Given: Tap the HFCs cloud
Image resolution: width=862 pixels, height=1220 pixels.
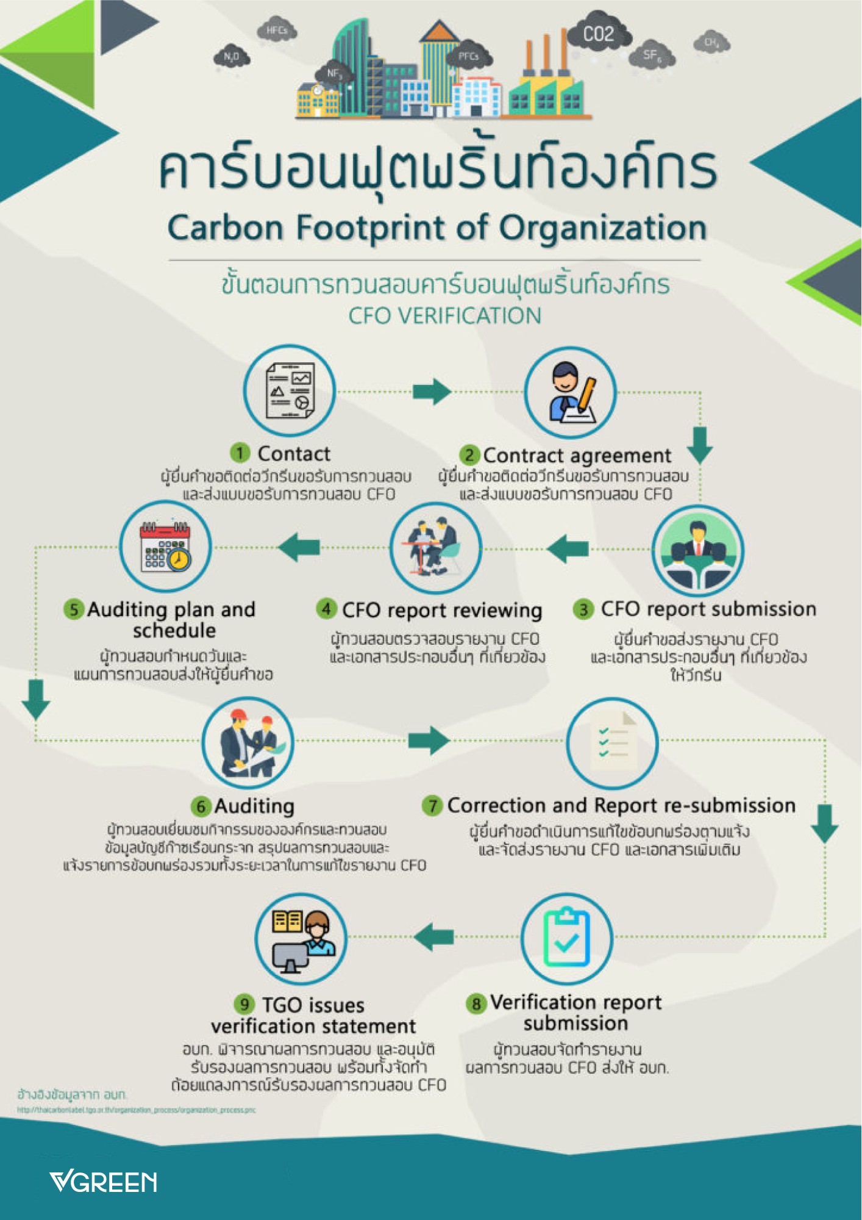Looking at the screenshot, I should pos(277,30).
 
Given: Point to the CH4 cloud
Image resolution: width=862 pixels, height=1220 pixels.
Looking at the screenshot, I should pos(711,43).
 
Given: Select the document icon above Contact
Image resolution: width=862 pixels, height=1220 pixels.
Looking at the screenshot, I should pos(290,391).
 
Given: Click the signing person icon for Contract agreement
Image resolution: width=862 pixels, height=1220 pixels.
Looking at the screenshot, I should pos(570,392).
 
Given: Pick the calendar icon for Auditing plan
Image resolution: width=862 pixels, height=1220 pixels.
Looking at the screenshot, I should pos(165,547).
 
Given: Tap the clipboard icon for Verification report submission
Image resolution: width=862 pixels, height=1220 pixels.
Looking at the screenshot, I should pos(566,939).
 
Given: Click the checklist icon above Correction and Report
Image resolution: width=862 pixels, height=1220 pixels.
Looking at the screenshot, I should pos(612,742).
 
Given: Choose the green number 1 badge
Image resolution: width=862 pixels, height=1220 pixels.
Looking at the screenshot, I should pos(240,453).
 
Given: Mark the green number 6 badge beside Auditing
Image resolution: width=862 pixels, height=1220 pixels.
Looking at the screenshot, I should pos(201,806).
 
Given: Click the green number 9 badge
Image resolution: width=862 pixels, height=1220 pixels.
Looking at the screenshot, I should pos(244,1004).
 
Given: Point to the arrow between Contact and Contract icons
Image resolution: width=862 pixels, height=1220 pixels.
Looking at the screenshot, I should pos(432,391).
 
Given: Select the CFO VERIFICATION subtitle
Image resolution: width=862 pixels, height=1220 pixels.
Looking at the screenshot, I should pos(444,316).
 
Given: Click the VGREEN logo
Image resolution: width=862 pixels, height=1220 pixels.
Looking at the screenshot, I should pos(103,1182).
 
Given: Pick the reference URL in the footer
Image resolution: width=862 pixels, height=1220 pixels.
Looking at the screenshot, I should pos(136,1110).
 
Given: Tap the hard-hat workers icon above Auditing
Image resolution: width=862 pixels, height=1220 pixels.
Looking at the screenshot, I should pos(248,743).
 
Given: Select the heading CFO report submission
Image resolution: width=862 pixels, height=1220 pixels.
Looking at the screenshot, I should pos(708,609).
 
